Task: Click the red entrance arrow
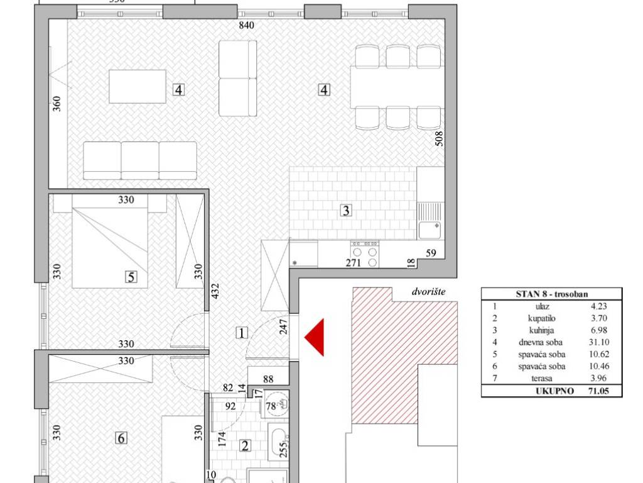tap(314, 337)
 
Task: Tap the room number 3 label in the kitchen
tap(346, 211)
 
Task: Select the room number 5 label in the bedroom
tap(131, 277)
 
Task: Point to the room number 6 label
tap(121, 438)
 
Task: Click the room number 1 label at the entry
tap(242, 333)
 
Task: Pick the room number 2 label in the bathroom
tap(246, 446)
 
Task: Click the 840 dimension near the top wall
tap(246, 25)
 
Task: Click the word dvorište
tap(428, 292)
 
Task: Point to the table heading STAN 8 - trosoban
tap(551, 294)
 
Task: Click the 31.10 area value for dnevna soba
tap(598, 342)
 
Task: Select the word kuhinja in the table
tap(541, 330)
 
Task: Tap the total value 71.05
tap(598, 391)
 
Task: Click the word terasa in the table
tap(541, 378)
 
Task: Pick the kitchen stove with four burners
tap(365, 254)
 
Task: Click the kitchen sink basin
tap(430, 230)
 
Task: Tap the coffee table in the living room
tap(138, 86)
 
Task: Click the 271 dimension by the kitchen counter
tap(354, 263)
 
